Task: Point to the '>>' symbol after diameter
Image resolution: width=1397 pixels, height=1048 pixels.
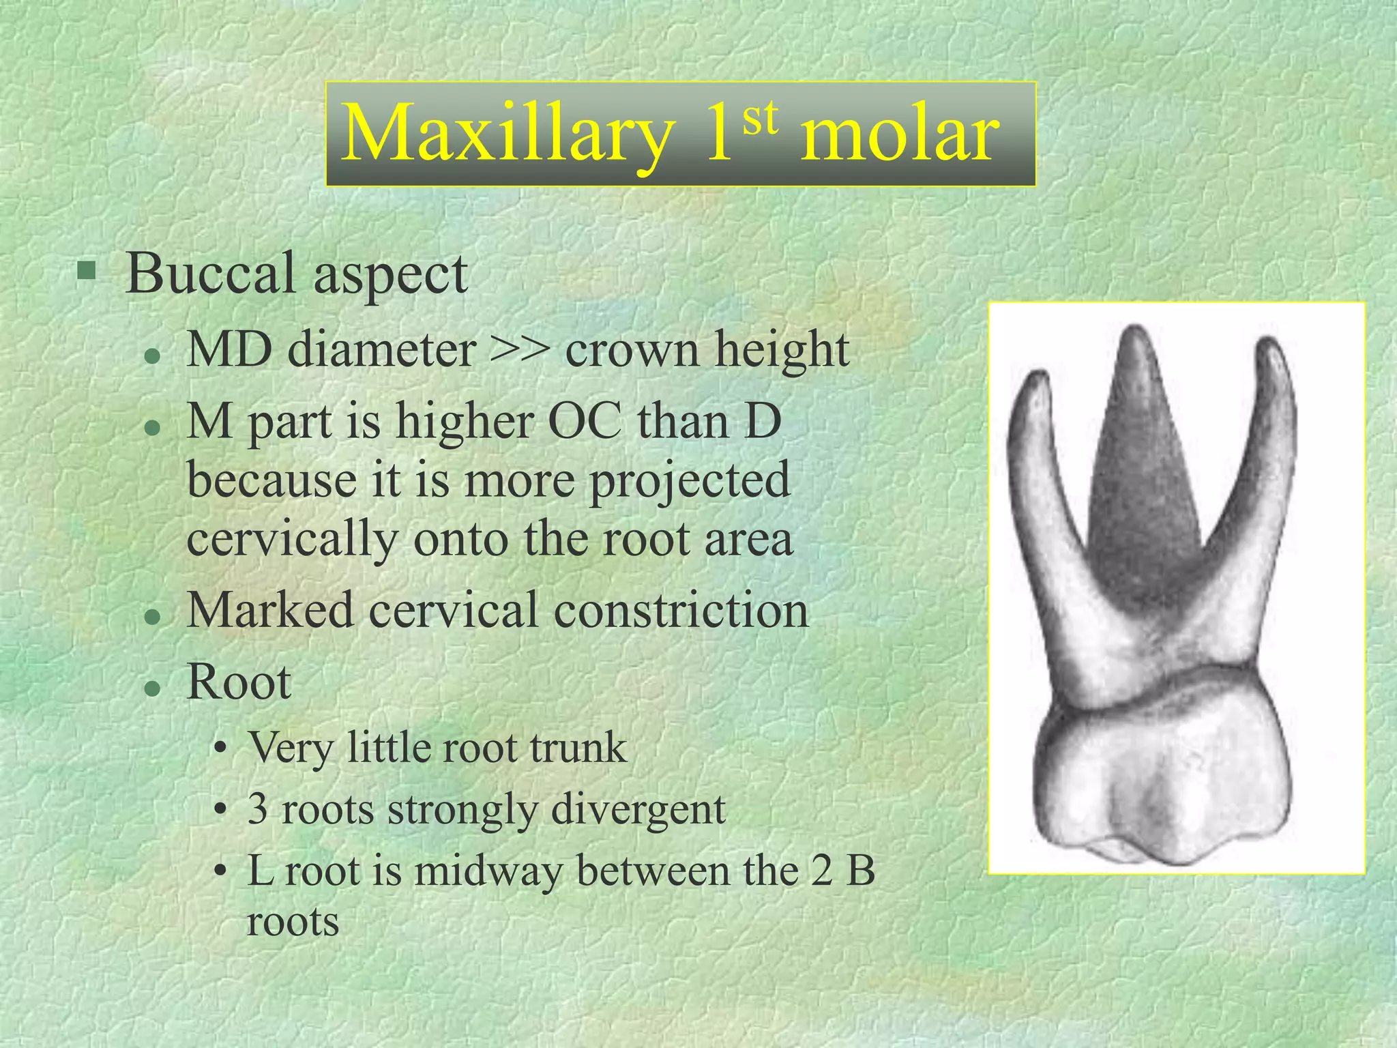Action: coord(520,349)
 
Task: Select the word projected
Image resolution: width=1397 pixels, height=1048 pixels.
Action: coord(690,482)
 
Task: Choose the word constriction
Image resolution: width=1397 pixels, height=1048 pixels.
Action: coord(681,610)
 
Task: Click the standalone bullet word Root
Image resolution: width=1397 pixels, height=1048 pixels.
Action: coord(239,682)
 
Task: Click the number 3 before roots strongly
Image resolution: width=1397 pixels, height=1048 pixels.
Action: coord(258,809)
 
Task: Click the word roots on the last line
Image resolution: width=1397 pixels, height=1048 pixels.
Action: coord(293,922)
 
